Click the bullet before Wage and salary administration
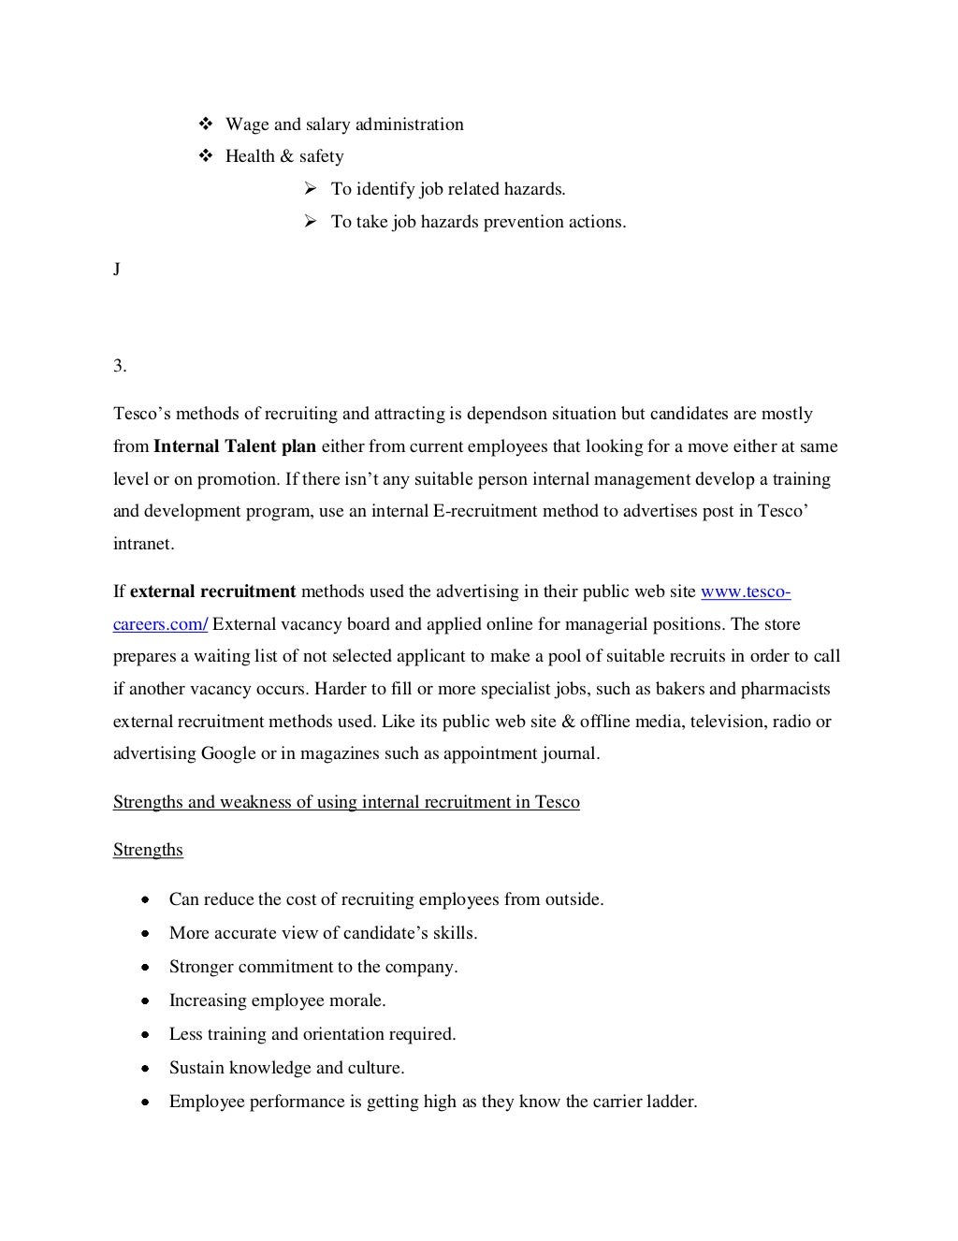tap(207, 124)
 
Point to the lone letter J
tap(117, 270)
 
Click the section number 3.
tap(120, 367)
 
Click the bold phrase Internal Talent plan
tap(235, 446)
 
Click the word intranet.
tap(143, 544)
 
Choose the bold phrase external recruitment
tap(212, 591)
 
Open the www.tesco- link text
tap(746, 591)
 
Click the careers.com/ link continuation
tap(160, 624)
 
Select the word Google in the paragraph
tap(228, 753)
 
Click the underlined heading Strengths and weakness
tap(346, 802)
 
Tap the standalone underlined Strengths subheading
tap(148, 850)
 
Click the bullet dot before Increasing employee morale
tap(146, 1000)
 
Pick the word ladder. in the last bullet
tap(672, 1102)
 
